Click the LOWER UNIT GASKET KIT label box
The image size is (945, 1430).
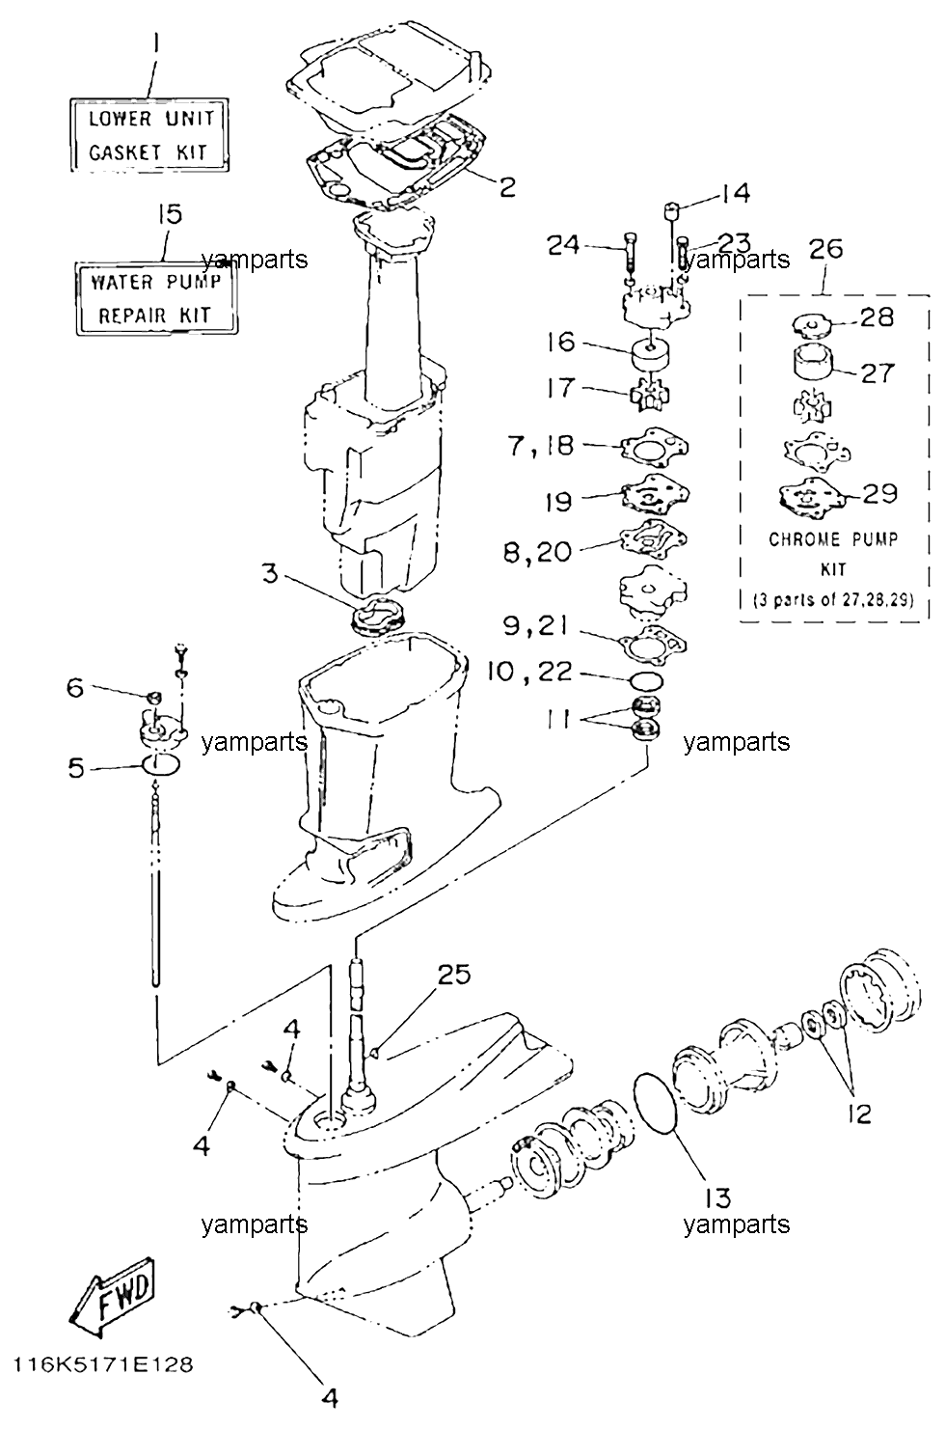(x=149, y=135)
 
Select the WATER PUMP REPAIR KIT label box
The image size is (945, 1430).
(x=156, y=298)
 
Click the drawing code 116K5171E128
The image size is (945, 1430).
(x=103, y=1364)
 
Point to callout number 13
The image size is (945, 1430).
(x=717, y=1197)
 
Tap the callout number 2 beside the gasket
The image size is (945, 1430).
(x=506, y=187)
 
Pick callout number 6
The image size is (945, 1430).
(x=75, y=688)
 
